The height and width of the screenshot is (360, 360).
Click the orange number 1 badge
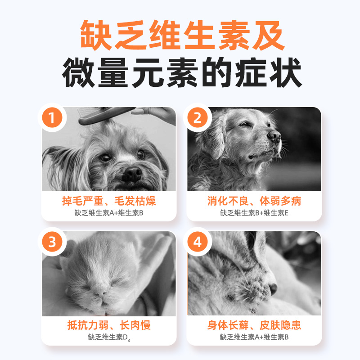click(x=52, y=117)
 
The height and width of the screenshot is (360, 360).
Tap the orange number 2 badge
click(x=198, y=117)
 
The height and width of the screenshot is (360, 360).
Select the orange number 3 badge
click(x=52, y=242)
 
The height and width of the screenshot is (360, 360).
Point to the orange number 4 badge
click(x=198, y=242)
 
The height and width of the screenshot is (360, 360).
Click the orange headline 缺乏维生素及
click(x=182, y=35)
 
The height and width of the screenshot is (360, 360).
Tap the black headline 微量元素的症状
click(x=182, y=72)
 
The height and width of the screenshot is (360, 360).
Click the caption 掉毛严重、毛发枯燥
click(x=109, y=201)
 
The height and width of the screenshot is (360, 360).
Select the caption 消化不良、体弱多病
click(x=254, y=201)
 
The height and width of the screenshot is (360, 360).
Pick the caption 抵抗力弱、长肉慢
click(x=109, y=325)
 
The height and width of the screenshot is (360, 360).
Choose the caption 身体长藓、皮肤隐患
click(x=254, y=325)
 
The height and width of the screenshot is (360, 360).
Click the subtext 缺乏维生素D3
click(x=109, y=337)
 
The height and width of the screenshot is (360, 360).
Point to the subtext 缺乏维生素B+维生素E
click(x=254, y=213)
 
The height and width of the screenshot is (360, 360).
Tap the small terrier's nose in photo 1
click(x=132, y=174)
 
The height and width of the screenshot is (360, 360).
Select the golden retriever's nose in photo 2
click(x=274, y=136)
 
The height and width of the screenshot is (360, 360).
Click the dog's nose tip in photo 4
click(x=273, y=289)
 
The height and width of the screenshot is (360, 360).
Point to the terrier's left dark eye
click(x=105, y=157)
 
